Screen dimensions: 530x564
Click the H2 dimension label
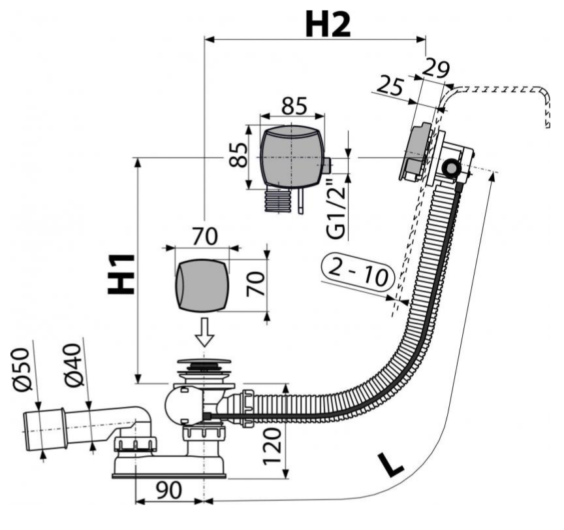tap(328, 24)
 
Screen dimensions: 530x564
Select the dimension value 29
tap(437, 67)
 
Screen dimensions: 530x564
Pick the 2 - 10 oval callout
tap(358, 271)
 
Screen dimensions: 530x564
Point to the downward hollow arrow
tap(205, 333)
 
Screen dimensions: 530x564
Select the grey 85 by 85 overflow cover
tap(292, 156)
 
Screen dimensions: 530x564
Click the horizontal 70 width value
tap(202, 236)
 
